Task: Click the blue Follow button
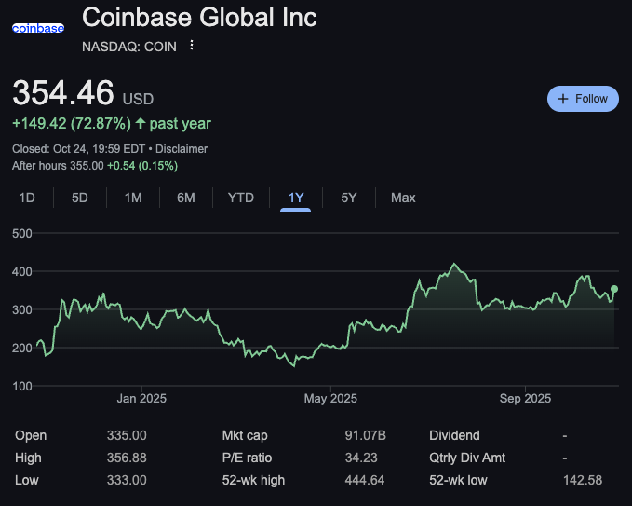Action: (583, 99)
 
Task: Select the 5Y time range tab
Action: (348, 198)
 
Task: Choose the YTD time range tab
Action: (241, 198)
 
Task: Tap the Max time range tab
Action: (403, 198)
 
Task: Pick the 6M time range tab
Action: (186, 198)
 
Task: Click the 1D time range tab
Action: (27, 198)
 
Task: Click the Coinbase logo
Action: (38, 28)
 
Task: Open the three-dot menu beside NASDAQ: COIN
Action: (192, 45)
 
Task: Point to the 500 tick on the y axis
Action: (21, 233)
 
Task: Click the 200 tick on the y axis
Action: (21, 348)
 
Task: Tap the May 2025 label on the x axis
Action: (330, 399)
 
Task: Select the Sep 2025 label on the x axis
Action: (525, 399)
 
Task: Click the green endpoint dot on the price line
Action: (614, 289)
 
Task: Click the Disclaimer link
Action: (182, 149)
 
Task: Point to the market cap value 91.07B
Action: (366, 435)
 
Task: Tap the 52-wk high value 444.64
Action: (365, 480)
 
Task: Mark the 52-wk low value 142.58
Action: (583, 480)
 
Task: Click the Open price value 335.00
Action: (127, 435)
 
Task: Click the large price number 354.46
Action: (63, 94)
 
